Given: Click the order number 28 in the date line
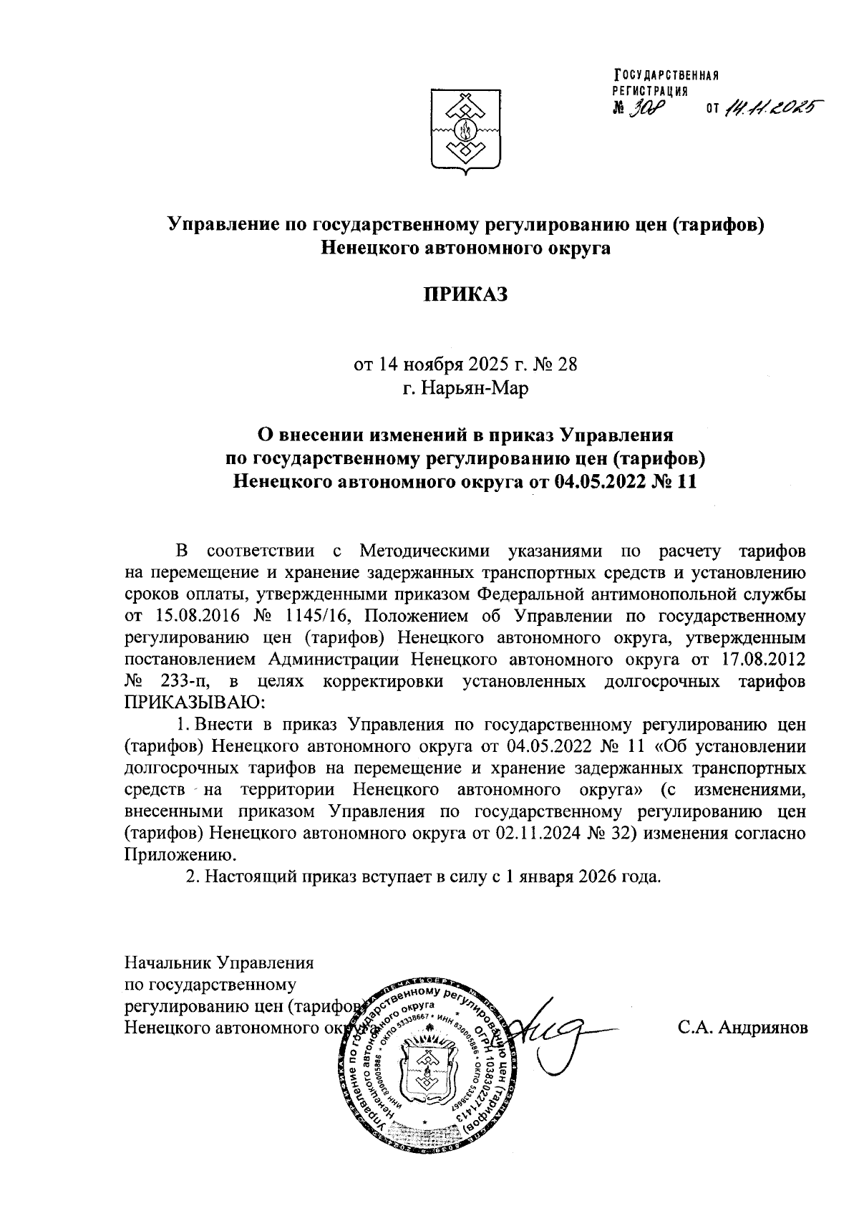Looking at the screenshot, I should click(566, 364).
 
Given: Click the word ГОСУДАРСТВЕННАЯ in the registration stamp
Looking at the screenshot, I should click(665, 77).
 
